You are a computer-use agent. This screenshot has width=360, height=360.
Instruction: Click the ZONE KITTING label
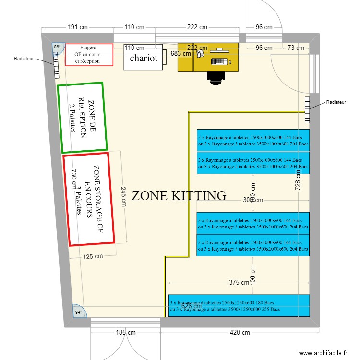(x=179, y=195)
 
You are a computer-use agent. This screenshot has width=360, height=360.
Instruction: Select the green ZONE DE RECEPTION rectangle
(x=82, y=118)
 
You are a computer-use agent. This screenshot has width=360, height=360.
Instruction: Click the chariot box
(x=144, y=58)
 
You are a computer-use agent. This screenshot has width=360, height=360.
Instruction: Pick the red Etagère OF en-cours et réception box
(x=89, y=55)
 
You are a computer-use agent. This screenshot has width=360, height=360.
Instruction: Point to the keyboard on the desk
(x=219, y=61)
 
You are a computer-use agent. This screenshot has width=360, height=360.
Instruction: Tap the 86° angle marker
(x=57, y=47)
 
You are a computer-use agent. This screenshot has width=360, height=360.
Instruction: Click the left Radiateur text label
(x=24, y=59)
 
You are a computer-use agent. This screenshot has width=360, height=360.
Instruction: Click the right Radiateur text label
(x=336, y=102)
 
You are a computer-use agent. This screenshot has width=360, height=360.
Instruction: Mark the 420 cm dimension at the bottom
(x=239, y=332)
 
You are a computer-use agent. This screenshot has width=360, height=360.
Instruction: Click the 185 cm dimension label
(x=125, y=332)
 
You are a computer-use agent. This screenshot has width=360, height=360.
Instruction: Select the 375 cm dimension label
(x=238, y=283)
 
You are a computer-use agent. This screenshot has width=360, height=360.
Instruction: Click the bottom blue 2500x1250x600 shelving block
(x=239, y=306)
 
